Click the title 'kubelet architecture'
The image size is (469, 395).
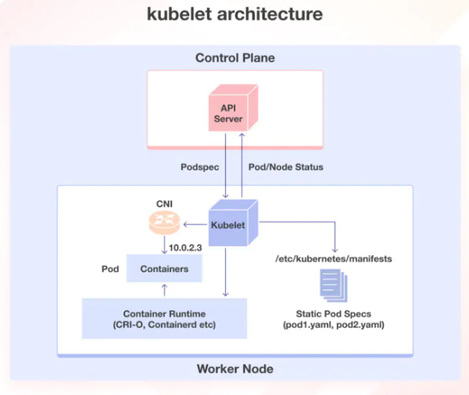tap(234, 15)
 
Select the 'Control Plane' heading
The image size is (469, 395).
tap(234, 58)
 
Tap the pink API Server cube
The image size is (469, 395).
tap(232, 113)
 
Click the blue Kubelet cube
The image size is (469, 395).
tap(233, 224)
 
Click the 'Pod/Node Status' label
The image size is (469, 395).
tap(285, 167)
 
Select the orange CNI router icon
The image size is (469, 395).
tap(164, 224)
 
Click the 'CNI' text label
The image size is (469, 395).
tap(164, 203)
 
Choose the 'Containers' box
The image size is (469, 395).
tap(164, 268)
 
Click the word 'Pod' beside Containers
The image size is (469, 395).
tap(111, 268)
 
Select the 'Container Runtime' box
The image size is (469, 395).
tap(164, 318)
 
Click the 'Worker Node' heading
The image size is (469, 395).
tap(234, 368)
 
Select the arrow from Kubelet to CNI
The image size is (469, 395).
tap(194, 225)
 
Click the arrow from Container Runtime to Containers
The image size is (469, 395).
tap(164, 290)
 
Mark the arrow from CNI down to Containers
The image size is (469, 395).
tap(164, 246)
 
